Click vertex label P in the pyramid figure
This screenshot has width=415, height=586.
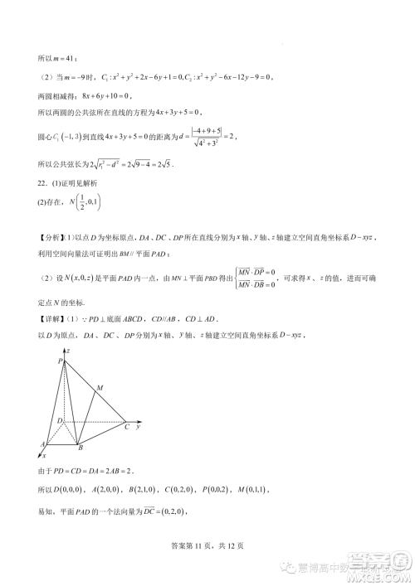(x=61, y=361)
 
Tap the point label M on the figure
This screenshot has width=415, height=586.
(x=100, y=388)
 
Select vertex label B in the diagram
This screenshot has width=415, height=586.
(x=80, y=448)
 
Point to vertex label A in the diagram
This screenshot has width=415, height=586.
(x=41, y=444)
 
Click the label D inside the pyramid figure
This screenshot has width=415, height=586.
(x=60, y=421)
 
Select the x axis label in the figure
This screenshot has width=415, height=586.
(x=44, y=456)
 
